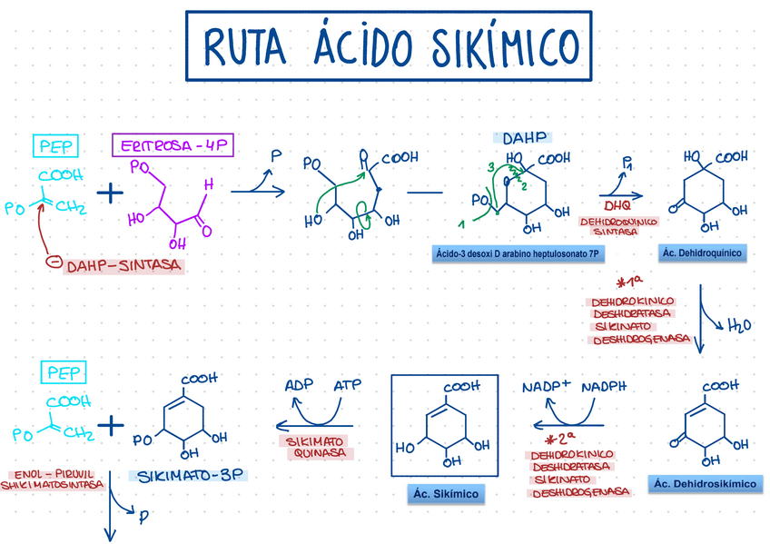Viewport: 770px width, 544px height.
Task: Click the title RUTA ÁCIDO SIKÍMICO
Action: [x=386, y=45]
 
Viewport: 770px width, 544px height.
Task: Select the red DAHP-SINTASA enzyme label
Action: [x=124, y=265]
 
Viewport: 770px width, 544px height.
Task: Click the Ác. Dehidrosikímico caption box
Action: [x=704, y=484]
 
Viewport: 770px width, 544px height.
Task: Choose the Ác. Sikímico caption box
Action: [x=445, y=494]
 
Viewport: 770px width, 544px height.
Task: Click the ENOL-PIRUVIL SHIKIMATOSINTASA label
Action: [x=55, y=480]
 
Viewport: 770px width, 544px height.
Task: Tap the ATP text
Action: [x=347, y=384]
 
